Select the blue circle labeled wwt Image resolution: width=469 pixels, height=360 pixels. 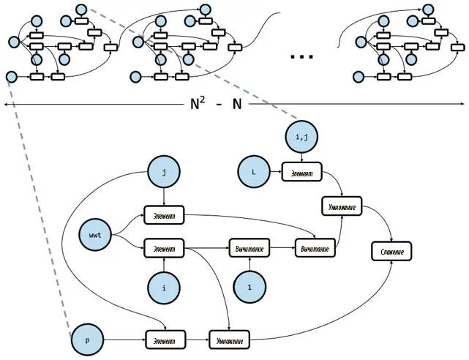click(x=95, y=236)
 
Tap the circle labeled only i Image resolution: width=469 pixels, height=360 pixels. click(x=164, y=288)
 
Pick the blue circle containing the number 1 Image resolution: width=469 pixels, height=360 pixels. click(x=249, y=288)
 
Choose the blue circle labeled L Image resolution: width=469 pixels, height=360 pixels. click(x=253, y=173)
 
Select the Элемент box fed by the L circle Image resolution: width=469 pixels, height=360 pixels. click(x=301, y=173)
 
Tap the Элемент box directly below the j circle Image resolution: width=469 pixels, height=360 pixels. click(x=164, y=216)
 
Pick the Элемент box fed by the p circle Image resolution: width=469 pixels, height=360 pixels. click(x=164, y=340)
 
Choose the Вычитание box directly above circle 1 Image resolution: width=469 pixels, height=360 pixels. click(x=249, y=250)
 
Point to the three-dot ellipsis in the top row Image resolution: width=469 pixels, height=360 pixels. click(x=302, y=56)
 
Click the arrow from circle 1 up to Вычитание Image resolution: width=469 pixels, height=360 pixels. click(x=249, y=265)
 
